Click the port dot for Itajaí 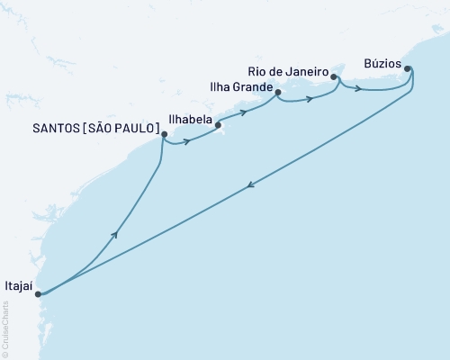point(38,293)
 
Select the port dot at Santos point(164,135)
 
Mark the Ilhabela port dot point(219,126)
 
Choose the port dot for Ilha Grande point(278,92)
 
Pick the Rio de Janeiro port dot point(334,77)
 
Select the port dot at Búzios point(408,68)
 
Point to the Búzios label point(384,63)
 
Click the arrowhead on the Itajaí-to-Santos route point(114,234)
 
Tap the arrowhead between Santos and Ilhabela point(188,141)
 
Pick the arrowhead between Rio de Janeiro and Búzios point(359,88)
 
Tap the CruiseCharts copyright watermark point(5,328)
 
